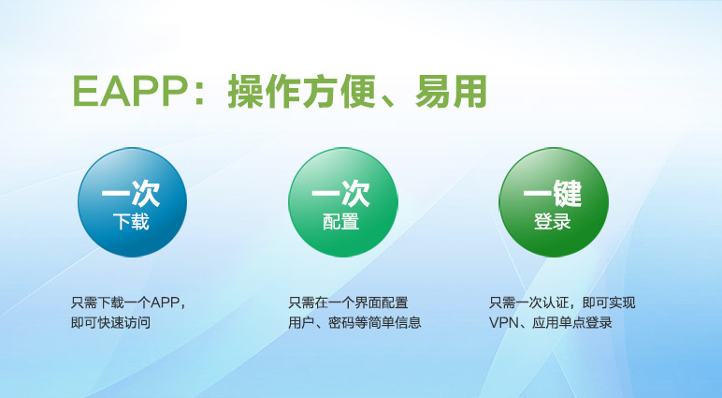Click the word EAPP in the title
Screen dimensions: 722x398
[129, 92]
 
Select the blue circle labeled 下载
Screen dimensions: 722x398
[132, 202]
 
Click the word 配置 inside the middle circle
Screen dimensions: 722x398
[340, 222]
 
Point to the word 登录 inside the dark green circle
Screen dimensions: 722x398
[552, 221]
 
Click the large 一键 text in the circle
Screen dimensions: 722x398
[552, 193]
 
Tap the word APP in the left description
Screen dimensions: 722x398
[165, 302]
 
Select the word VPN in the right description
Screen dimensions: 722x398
[503, 322]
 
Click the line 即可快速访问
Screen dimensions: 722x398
[110, 322]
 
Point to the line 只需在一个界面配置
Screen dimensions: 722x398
[348, 302]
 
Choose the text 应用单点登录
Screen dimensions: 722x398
[572, 322]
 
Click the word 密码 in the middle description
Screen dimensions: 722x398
[341, 322]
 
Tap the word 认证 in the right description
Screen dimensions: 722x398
[556, 302]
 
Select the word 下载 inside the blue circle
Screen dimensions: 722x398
[131, 222]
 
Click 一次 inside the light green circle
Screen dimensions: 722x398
[341, 193]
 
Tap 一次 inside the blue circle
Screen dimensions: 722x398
[131, 193]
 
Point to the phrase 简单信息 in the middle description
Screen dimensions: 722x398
[395, 322]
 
